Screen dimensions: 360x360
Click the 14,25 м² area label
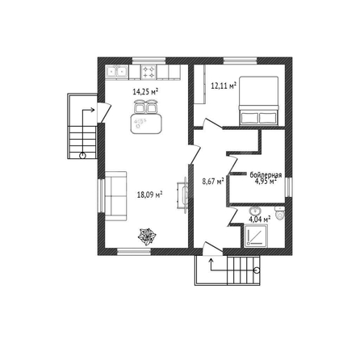(x=145, y=92)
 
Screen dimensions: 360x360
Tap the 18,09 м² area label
(x=149, y=195)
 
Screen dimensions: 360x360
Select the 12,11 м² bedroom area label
(x=224, y=86)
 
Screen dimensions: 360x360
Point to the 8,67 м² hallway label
(x=213, y=182)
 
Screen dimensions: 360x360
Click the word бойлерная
(x=266, y=175)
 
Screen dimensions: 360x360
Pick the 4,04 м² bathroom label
(x=260, y=220)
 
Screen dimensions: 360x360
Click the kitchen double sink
(x=117, y=72)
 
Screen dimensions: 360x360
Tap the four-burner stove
(x=149, y=72)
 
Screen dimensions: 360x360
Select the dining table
(x=146, y=123)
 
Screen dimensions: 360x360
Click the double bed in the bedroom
(x=259, y=101)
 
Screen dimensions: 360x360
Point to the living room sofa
(x=115, y=196)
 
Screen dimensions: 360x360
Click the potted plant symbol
(x=147, y=237)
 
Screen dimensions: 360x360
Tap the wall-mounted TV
(x=183, y=194)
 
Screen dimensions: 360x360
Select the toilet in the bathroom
(x=280, y=214)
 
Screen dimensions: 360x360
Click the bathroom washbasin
(x=254, y=210)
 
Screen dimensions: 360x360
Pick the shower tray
(x=256, y=236)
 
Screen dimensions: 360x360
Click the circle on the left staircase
(x=82, y=155)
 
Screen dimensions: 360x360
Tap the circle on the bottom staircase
(x=257, y=270)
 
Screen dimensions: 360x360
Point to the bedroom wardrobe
(x=200, y=84)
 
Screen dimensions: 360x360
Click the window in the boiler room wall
(x=289, y=186)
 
